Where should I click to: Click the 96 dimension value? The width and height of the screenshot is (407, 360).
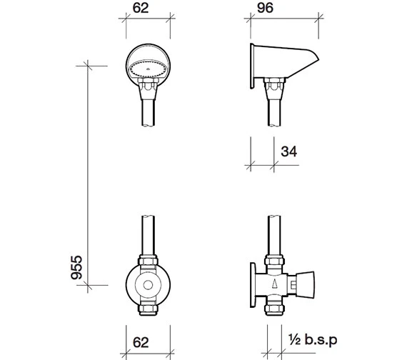(x=265, y=8)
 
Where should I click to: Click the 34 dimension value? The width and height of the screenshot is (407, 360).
(x=288, y=151)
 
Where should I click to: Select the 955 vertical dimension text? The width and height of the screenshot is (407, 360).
(x=76, y=268)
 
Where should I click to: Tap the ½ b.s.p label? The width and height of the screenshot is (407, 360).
(x=313, y=340)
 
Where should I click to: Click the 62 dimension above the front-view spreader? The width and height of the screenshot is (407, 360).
(x=141, y=8)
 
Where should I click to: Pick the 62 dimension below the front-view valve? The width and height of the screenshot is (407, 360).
(x=141, y=342)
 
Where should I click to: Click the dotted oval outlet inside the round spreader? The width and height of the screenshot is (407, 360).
(x=148, y=69)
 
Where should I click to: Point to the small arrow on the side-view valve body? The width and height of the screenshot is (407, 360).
(x=274, y=283)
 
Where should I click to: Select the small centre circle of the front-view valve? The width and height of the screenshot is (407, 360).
(x=148, y=285)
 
